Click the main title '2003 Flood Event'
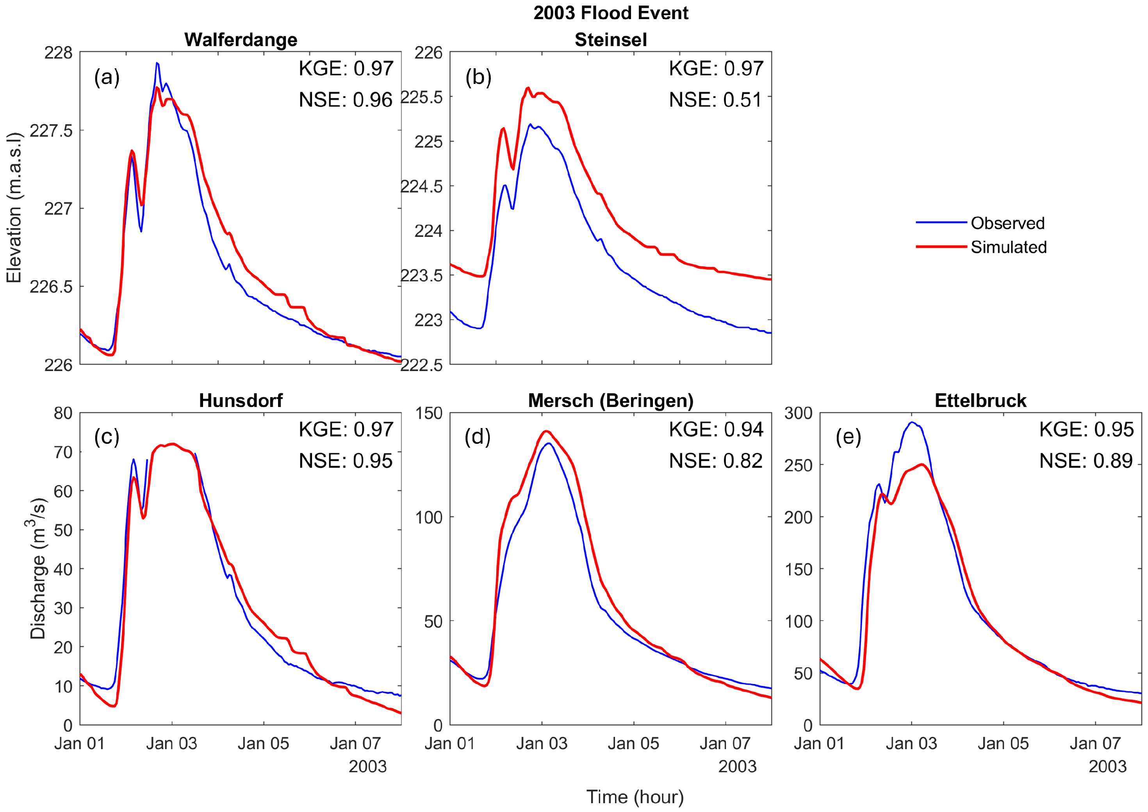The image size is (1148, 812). (x=610, y=13)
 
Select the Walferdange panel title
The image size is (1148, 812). (x=241, y=39)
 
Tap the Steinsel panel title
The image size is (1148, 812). (x=610, y=39)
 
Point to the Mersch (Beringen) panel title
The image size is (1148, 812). (x=610, y=400)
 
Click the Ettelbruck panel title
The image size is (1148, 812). (x=980, y=400)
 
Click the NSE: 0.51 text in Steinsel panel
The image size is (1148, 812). (x=715, y=100)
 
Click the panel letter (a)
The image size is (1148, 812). (x=107, y=78)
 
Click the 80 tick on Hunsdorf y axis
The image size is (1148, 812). (x=63, y=413)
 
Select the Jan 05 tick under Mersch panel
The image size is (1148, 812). (x=633, y=743)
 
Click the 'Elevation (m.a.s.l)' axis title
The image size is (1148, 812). (x=14, y=208)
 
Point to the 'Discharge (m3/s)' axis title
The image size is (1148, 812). (x=37, y=569)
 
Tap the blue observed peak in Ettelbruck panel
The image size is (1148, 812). (x=912, y=423)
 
